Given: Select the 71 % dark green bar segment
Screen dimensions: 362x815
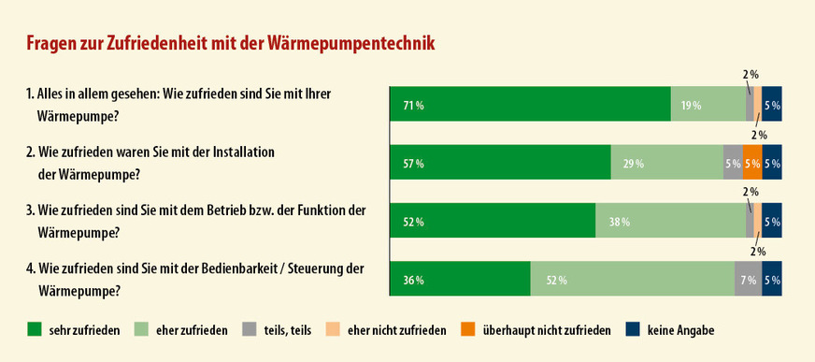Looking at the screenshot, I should pos(530,105).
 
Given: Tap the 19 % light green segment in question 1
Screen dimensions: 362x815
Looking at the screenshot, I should pos(708,105).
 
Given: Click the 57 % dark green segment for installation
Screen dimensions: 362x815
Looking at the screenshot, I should pos(500,163).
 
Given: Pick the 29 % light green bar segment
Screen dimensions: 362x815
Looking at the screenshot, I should pos(666,163).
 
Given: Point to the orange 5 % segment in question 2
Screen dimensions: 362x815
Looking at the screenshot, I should pos(752,163).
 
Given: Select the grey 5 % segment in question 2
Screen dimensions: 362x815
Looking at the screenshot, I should pos(733,163).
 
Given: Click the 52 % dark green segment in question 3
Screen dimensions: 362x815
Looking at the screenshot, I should pos(493,221).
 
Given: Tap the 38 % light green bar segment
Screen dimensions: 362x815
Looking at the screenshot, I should pos(670,221).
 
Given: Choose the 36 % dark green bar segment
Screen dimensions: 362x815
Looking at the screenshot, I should pos(460,279).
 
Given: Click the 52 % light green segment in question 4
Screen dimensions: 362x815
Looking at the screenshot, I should pos(632,279).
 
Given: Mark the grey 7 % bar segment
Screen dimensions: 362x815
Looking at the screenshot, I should pos(748,279).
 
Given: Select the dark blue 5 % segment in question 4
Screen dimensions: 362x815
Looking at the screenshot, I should pos(772,279).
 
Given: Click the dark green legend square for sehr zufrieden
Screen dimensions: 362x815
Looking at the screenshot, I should pos(34,329).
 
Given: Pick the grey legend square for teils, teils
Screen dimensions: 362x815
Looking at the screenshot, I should pos(250,329).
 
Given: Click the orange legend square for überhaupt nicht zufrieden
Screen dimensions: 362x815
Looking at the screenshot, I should pos(467,329).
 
